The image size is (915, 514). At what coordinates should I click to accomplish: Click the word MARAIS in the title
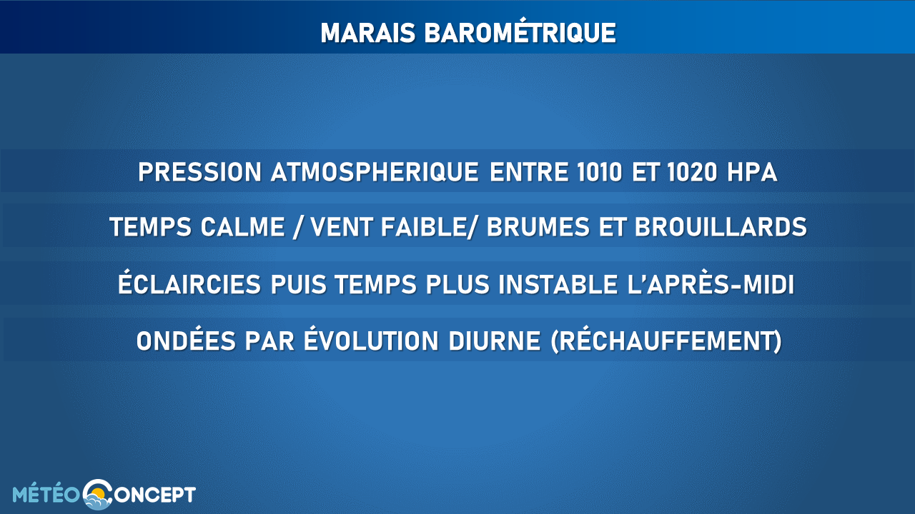tap(368, 33)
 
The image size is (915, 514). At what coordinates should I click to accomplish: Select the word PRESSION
tap(199, 172)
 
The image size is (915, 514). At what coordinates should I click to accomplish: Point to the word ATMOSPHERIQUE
tap(375, 172)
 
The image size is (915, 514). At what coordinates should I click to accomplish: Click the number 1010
tap(600, 172)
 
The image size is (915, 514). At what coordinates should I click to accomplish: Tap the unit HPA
tap(752, 172)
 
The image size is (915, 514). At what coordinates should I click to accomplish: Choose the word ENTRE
tap(528, 172)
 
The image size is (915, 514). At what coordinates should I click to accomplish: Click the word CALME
tap(242, 227)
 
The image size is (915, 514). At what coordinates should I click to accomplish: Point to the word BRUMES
tap(538, 227)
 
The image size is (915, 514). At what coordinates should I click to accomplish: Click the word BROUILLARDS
tap(721, 227)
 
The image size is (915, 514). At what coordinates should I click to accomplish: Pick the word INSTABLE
tap(558, 284)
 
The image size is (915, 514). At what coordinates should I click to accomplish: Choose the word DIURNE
tap(495, 341)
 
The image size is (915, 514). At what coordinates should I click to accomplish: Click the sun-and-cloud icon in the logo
tap(98, 495)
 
